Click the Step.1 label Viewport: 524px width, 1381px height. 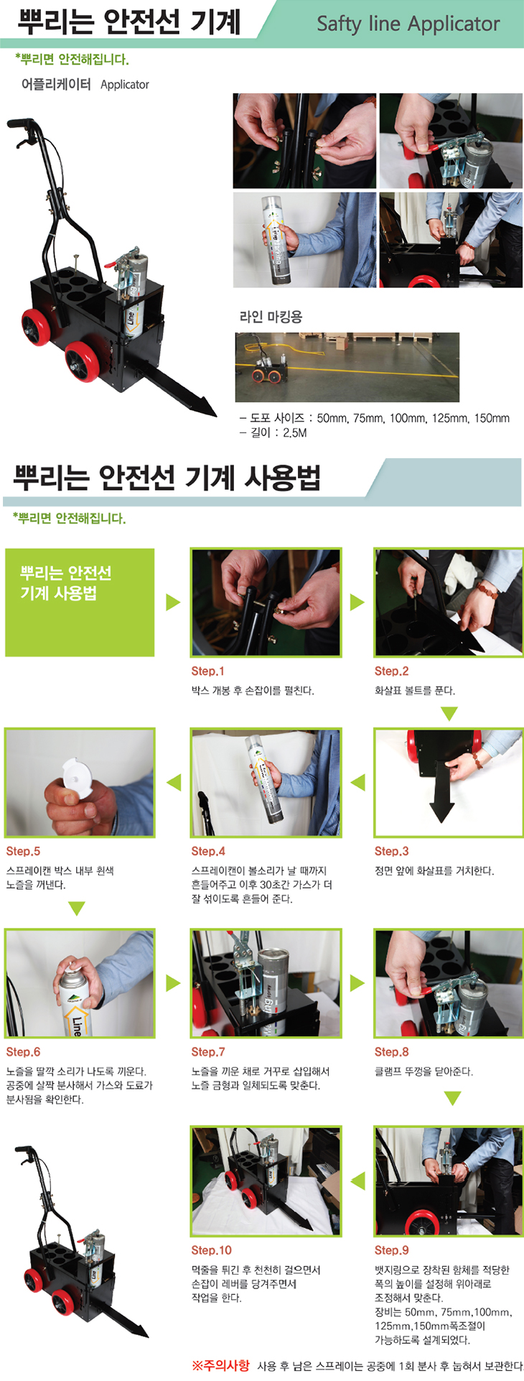[207, 671]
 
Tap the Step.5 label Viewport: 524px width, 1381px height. [23, 851]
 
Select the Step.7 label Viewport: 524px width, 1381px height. [207, 1051]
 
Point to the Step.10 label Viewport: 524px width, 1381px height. [211, 1250]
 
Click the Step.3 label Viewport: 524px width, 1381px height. [391, 851]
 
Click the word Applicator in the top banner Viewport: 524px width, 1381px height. [454, 24]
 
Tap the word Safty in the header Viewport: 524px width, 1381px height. [339, 24]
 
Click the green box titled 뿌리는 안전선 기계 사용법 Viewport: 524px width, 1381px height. [80, 602]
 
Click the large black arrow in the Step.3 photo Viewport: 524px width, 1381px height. [441, 788]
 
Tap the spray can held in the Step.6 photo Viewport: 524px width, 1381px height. [75, 1001]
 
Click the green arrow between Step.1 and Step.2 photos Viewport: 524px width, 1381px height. [357, 602]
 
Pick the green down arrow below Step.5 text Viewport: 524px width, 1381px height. [77, 908]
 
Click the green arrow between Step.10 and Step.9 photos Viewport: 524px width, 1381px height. [357, 1180]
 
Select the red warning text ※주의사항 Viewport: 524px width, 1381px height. [221, 1365]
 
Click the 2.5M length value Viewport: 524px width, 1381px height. [294, 432]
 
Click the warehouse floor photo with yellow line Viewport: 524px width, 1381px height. [347, 367]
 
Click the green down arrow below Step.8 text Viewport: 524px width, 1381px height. [451, 1098]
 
